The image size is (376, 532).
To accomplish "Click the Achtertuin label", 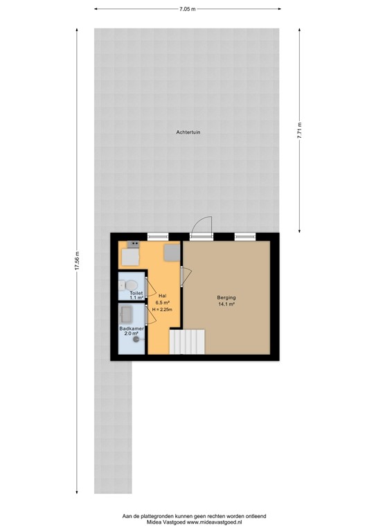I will point(187,132).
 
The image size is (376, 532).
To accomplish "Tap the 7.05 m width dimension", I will point(187,10).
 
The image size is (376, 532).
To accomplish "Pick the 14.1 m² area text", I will point(226,304).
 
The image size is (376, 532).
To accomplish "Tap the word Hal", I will point(161,296).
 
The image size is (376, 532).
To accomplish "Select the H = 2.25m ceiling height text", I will point(161,310).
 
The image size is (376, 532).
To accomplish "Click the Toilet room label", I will point(136,293).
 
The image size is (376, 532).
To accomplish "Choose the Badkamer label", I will point(131,328).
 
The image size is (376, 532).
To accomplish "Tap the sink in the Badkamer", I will point(127,314).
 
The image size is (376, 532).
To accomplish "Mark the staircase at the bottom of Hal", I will point(189,341).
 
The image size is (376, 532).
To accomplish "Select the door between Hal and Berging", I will point(182,276).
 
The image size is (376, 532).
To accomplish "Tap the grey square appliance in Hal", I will point(172,252).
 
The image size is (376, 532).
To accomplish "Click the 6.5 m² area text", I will point(161,303).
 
